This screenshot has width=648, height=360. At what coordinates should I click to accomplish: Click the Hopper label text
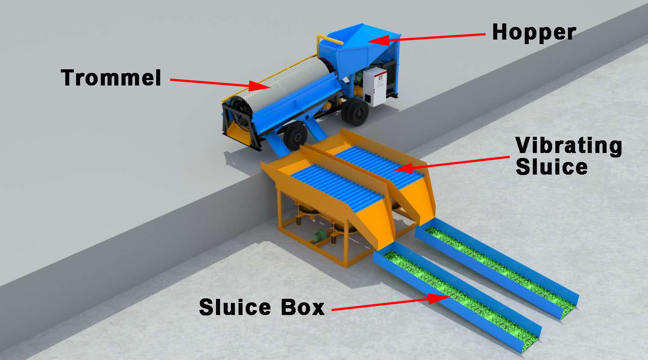[x=534, y=32]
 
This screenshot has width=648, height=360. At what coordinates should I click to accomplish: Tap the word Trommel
[x=111, y=77]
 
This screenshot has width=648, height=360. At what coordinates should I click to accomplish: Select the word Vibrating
[x=569, y=147]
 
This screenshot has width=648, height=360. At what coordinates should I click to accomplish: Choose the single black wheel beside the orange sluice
[x=295, y=136]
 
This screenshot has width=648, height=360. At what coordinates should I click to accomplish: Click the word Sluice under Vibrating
[x=552, y=167]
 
